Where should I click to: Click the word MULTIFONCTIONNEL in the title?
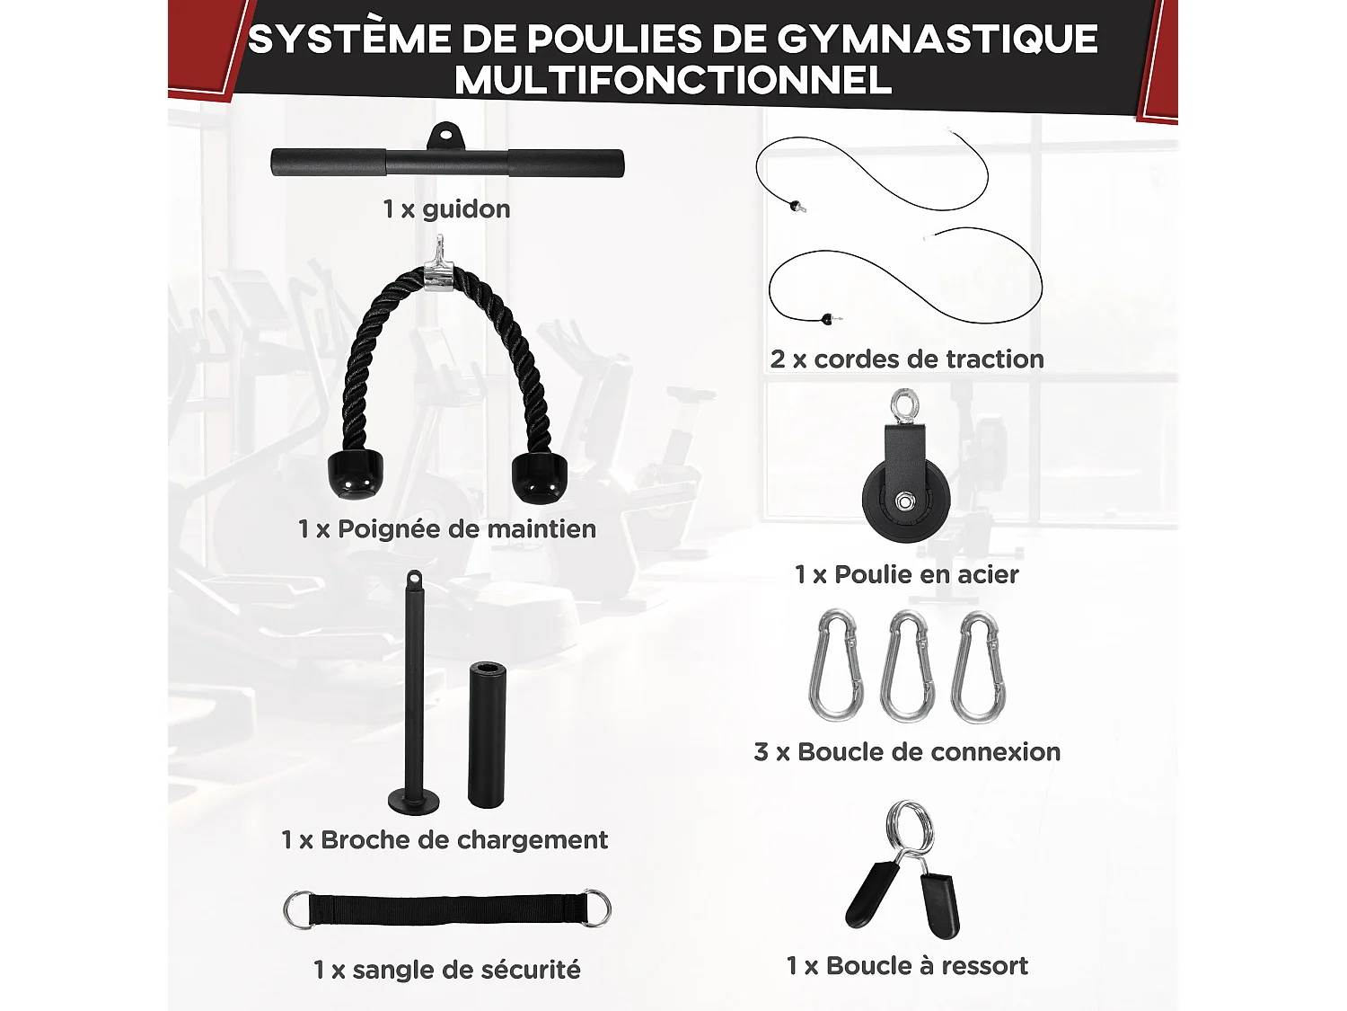pos(673,81)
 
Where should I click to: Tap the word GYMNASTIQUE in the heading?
pos(937,39)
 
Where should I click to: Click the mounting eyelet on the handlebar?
pos(444,137)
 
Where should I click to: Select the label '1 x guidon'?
pos(446,209)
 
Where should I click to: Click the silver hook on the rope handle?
pos(437,263)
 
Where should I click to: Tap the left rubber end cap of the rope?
pos(355,474)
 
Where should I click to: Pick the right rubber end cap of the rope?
pos(539,476)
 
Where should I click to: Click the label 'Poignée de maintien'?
pos(466,529)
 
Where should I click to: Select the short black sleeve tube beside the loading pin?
pos(486,735)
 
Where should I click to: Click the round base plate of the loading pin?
pos(414,799)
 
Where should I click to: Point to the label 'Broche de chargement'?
pos(463,840)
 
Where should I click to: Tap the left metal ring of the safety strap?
pos(299,909)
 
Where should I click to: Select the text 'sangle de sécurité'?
pos(466,971)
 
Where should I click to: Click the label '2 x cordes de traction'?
pos(907,359)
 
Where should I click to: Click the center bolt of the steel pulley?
pos(905,501)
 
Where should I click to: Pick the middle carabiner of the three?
pos(907,667)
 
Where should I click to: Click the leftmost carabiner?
pos(836,667)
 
